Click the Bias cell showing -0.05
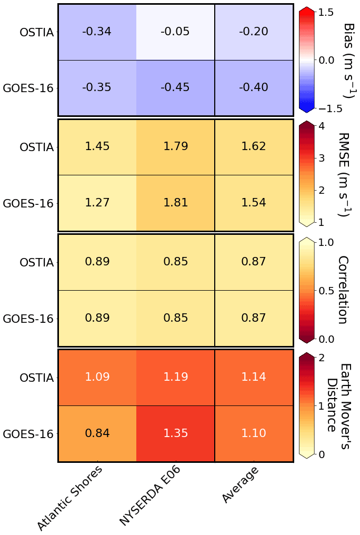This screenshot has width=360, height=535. coord(175,32)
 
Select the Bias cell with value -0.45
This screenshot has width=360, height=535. coord(175,87)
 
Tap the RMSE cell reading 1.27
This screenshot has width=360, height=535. coord(97,203)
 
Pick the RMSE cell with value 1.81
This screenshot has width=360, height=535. coord(175,203)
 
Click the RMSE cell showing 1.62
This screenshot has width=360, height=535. coord(253,147)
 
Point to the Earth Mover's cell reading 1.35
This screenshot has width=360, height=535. coord(175,433)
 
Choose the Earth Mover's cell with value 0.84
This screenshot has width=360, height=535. coord(97,433)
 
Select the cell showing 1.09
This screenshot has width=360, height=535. coord(97,378)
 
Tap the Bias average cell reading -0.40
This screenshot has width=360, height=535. coord(253,87)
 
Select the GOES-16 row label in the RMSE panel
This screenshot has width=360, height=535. coord(28,203)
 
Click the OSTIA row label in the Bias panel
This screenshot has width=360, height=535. coord(36,32)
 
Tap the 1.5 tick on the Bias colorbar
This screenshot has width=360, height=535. coord(327,12)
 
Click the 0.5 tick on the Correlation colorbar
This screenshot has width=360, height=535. coord(327,291)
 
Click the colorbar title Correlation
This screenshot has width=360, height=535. coord(343,290)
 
